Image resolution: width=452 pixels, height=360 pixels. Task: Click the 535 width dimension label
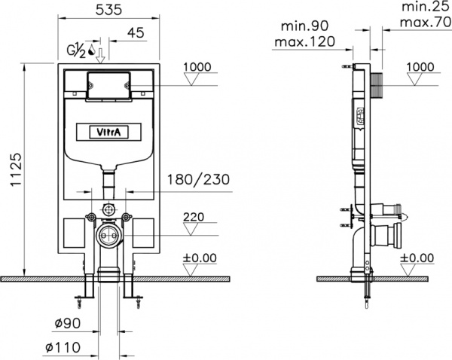109,10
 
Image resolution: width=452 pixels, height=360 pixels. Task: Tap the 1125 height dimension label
17,169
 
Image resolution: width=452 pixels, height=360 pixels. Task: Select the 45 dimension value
136,32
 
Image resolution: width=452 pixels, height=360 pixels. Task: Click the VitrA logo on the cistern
108,133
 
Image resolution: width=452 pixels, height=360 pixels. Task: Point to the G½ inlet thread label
76,51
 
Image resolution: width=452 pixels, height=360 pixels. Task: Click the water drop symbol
92,50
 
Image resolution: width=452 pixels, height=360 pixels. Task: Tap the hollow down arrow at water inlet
100,56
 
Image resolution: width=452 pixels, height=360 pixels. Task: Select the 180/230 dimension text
199,179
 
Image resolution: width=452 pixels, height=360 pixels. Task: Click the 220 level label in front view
194,217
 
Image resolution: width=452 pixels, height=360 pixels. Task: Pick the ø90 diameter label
68,323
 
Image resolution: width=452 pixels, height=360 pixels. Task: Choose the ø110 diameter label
63,347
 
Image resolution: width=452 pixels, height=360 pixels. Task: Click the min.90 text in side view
304,26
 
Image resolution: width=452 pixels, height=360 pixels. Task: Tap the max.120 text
304,41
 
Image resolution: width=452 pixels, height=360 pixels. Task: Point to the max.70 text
426,22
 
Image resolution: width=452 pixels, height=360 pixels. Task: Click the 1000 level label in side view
420,67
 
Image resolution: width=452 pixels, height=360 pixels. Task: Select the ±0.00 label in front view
200,258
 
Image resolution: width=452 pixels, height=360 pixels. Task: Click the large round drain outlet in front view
108,236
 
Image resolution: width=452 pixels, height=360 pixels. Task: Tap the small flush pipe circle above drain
108,209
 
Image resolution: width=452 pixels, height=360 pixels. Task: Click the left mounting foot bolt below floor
79,300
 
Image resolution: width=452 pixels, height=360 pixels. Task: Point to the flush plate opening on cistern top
108,85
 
